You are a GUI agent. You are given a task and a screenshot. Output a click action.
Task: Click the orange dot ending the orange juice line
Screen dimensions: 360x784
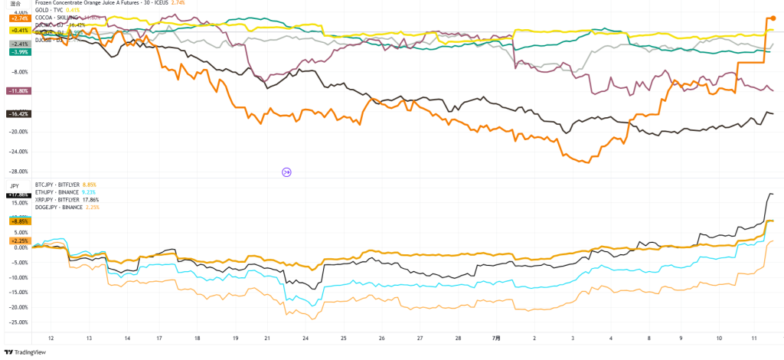tap(773, 17)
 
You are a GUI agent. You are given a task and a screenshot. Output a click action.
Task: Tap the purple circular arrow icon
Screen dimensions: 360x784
tap(287, 172)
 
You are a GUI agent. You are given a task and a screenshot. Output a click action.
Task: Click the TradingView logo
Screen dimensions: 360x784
tap(27, 352)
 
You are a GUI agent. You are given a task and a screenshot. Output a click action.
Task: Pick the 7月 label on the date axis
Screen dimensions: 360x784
tap(495, 338)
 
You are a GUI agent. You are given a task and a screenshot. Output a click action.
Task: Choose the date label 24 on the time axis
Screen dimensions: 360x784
tap(305, 338)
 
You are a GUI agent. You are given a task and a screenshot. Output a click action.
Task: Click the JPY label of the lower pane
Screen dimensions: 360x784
tap(15, 186)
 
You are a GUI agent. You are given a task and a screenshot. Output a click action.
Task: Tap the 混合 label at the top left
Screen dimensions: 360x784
tap(14, 4)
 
